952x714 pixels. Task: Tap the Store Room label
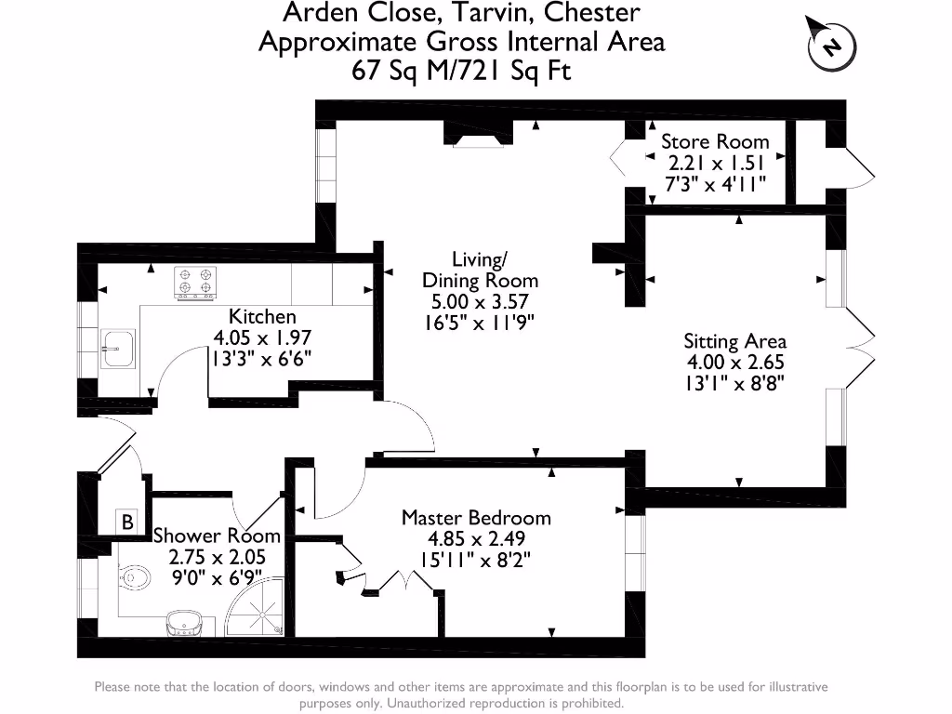click(x=715, y=141)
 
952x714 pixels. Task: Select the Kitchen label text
click(x=263, y=316)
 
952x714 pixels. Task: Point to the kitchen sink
click(x=117, y=349)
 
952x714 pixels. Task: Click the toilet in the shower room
click(x=134, y=579)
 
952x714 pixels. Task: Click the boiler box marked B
click(x=127, y=522)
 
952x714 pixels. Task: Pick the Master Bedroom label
click(x=475, y=518)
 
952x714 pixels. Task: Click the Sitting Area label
click(x=734, y=341)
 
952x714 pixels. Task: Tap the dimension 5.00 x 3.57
click(x=480, y=301)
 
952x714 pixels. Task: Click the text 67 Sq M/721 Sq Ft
click(x=461, y=70)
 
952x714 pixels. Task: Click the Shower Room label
click(x=217, y=535)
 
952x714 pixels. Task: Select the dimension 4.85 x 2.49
click(x=475, y=539)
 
